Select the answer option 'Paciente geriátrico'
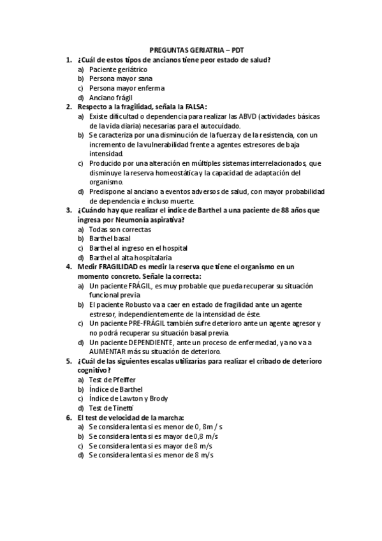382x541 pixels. coord(118,69)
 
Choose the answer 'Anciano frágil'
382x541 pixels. coord(110,98)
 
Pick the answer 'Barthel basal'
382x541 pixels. coord(110,239)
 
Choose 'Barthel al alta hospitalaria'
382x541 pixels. coord(130,258)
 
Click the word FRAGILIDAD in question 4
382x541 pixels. coord(121,267)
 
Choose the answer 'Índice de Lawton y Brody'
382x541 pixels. coord(128,399)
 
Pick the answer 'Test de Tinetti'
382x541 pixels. coord(111,408)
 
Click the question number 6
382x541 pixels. coord(68,418)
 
